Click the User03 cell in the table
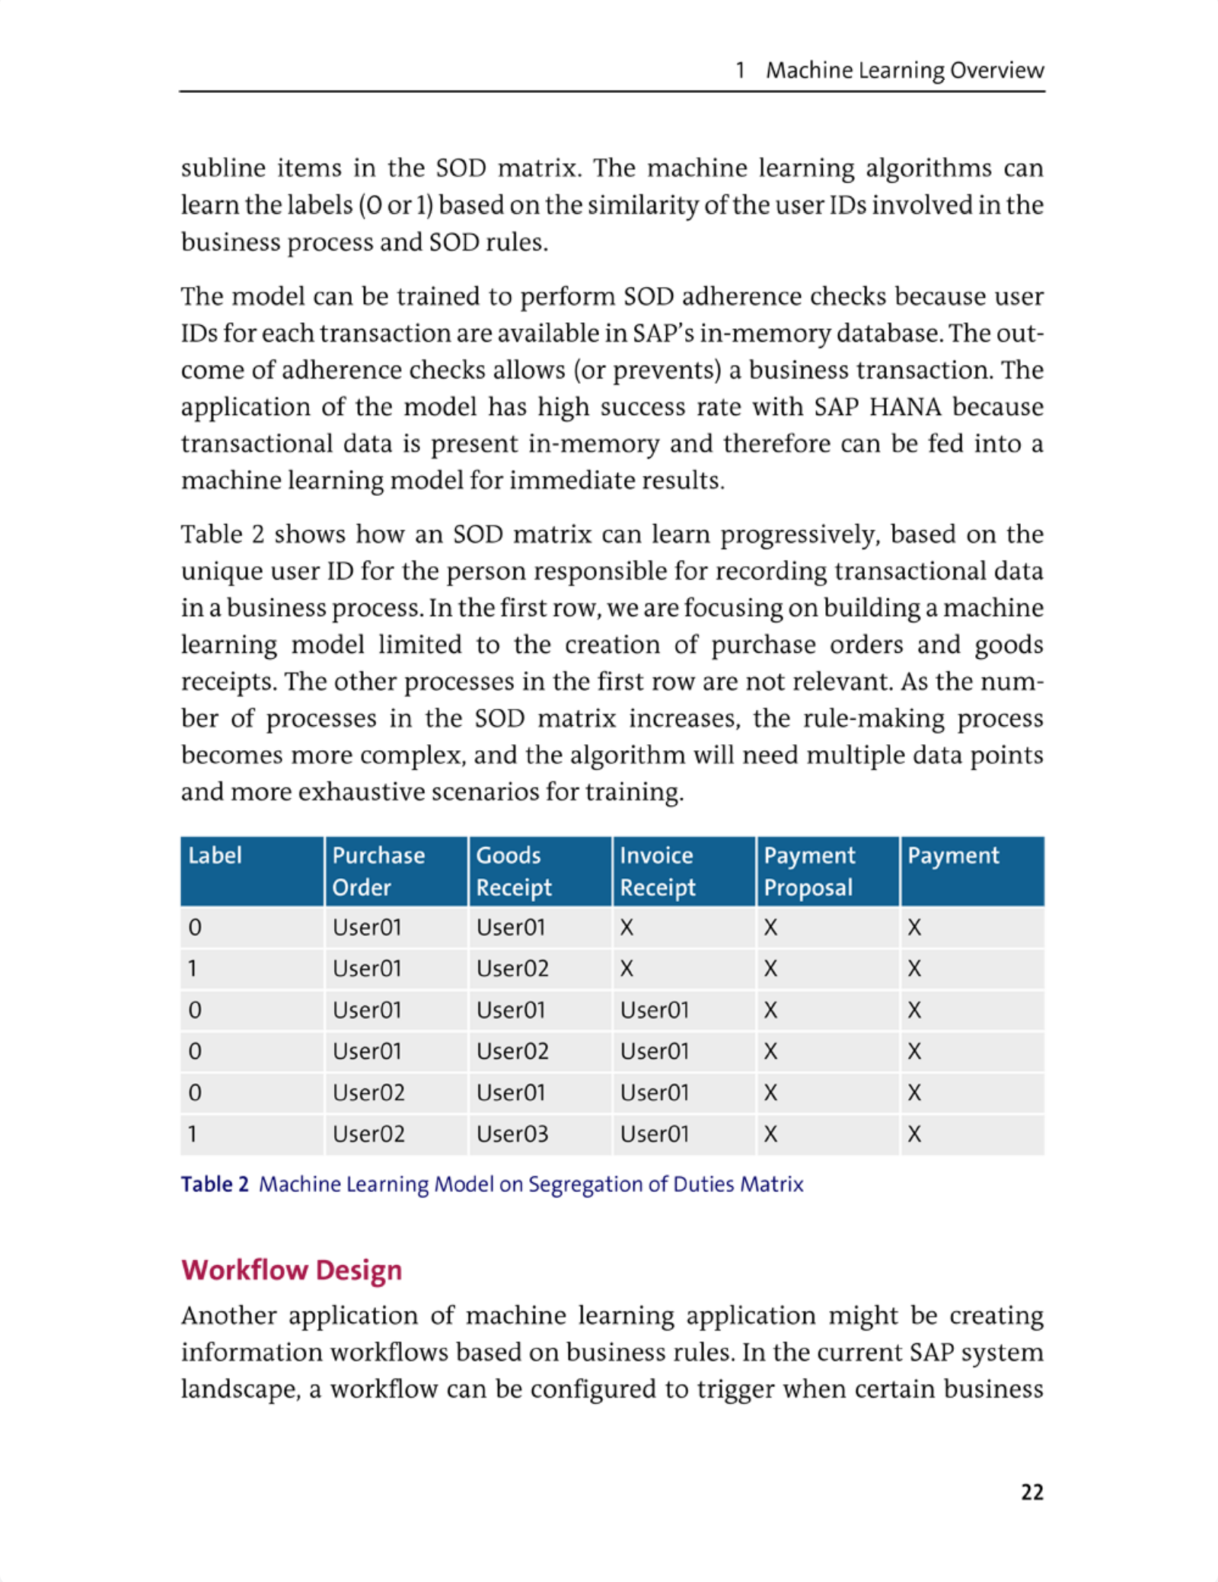[512, 1134]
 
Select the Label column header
[215, 856]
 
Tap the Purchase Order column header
[378, 871]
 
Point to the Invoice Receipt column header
[657, 871]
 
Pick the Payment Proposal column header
[809, 871]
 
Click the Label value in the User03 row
[193, 1134]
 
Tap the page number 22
[1031, 1491]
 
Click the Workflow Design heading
[292, 1270]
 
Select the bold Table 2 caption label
[215, 1184]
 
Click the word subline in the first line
[223, 168]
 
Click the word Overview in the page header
[996, 70]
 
